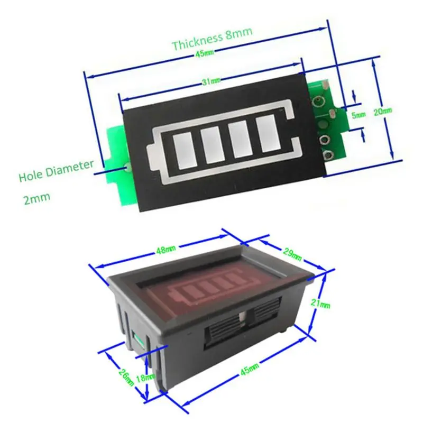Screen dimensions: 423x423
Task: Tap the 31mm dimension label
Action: [x=211, y=81]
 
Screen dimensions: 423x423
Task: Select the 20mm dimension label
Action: [x=382, y=111]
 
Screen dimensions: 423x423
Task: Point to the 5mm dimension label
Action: [x=358, y=115]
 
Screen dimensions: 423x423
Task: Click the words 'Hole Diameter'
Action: [x=57, y=171]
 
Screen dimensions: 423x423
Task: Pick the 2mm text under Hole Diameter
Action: [x=37, y=198]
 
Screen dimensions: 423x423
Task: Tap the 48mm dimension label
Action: [x=166, y=250]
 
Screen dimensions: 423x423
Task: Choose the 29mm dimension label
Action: [x=292, y=254]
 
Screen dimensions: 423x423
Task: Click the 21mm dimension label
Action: [x=320, y=304]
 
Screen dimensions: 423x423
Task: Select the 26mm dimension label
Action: [x=126, y=376]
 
